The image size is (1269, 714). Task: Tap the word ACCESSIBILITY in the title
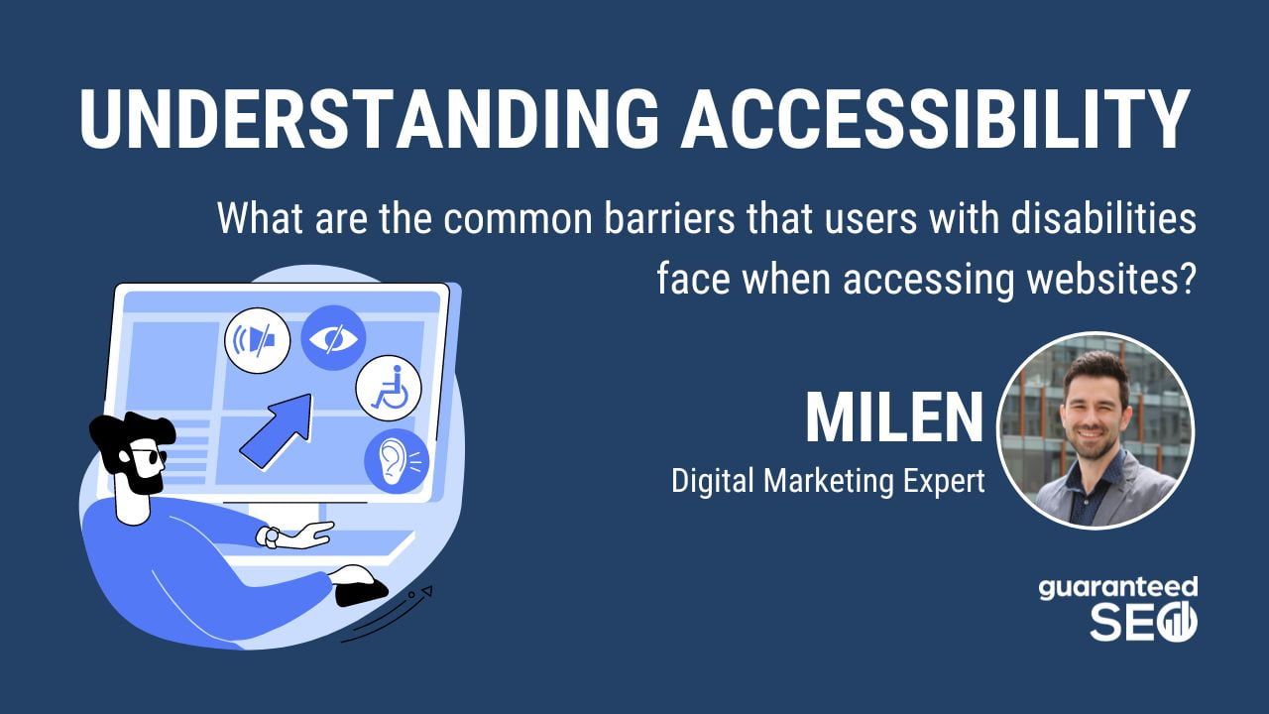pos(935,119)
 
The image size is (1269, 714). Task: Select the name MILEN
pos(894,417)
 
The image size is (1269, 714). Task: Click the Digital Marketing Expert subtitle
pos(828,481)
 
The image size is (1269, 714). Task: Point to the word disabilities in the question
pos(1103,218)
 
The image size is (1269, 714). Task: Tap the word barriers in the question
pos(668,218)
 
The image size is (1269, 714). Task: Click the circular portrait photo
pos(1096,430)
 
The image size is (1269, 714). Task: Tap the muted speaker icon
pos(258,340)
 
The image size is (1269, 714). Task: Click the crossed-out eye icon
pos(333,338)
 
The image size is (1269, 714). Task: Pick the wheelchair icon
pos(389,388)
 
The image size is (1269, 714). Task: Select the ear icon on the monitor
pos(397,461)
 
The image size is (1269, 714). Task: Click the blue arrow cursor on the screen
pos(278,430)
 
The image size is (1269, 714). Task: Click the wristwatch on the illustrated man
pos(270,537)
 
